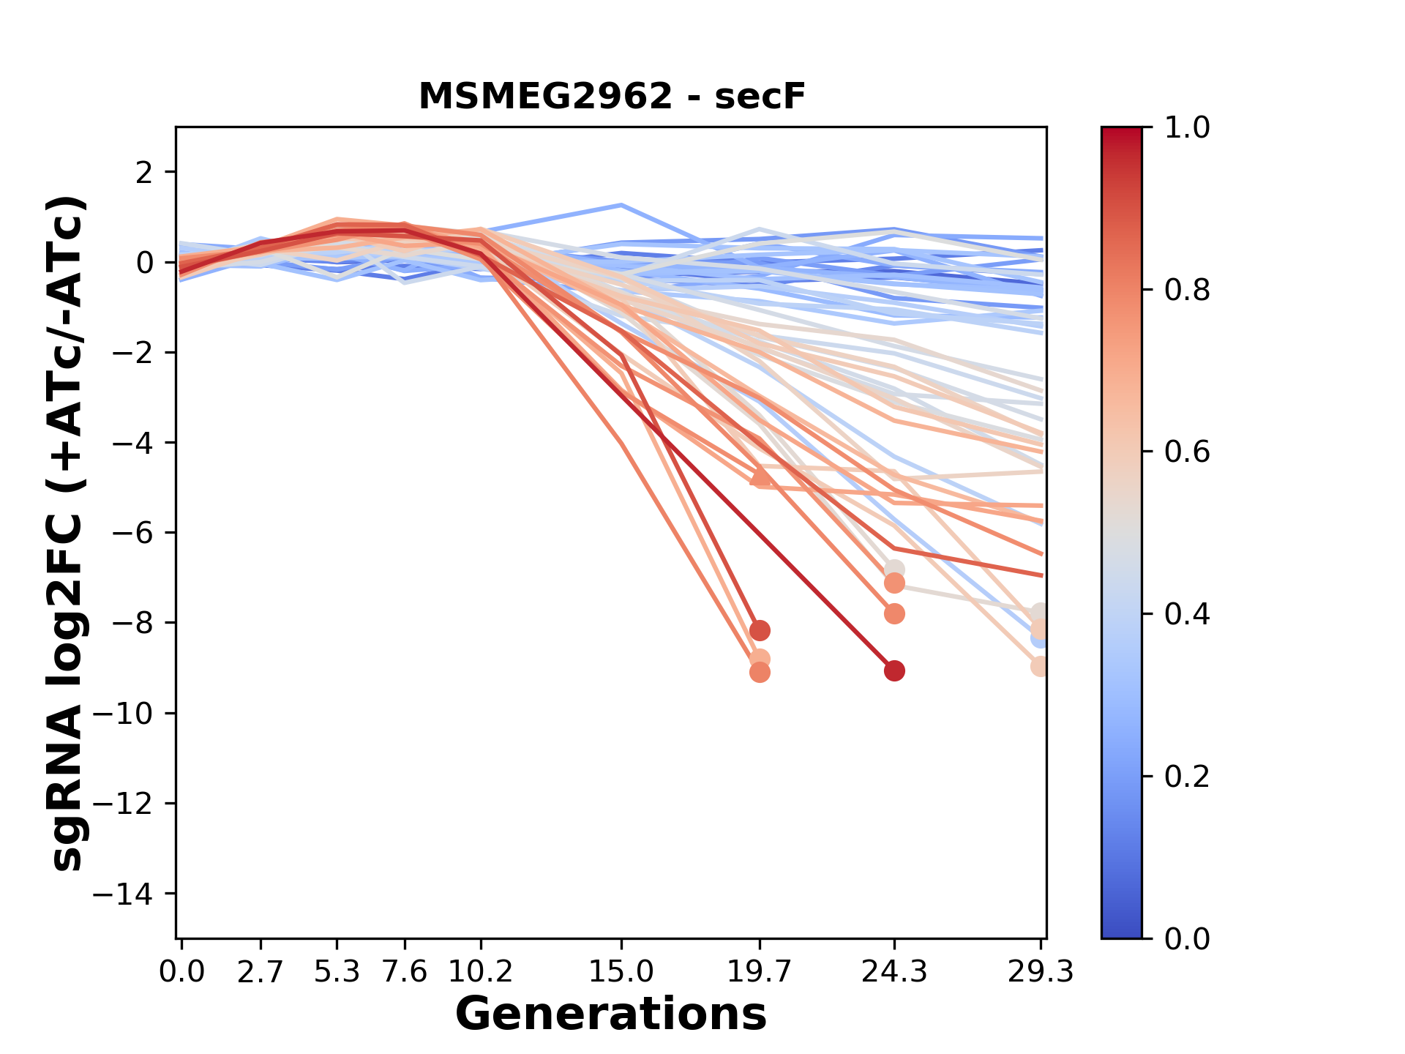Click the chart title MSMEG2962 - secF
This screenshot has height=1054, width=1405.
[611, 97]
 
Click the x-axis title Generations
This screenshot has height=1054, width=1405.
[611, 1014]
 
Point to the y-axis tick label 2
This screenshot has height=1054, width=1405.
[144, 173]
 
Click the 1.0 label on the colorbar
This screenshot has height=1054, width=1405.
[1187, 128]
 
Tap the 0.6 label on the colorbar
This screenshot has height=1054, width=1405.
[1187, 452]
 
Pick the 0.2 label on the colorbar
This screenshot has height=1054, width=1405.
[1187, 777]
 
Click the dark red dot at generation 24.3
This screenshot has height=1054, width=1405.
[894, 670]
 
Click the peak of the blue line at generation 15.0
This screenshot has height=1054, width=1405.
[621, 205]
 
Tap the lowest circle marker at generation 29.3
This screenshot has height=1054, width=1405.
[1040, 667]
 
